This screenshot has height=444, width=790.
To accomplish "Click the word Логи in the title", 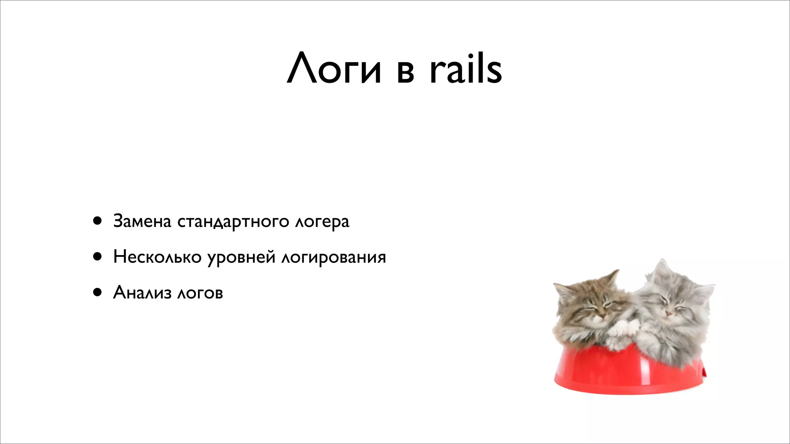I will pyautogui.click(x=334, y=69).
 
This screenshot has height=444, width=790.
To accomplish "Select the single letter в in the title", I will pyautogui.click(x=405, y=73).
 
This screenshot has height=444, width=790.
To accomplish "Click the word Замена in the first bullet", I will pyautogui.click(x=142, y=221).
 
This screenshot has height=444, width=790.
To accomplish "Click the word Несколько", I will pyautogui.click(x=157, y=257).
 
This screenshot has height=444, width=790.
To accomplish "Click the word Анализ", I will pyautogui.click(x=142, y=292).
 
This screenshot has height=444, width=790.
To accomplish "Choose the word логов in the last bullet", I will pyautogui.click(x=200, y=293).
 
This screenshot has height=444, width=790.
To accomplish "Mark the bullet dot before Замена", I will pyautogui.click(x=97, y=221).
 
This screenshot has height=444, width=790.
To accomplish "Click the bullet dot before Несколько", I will pyautogui.click(x=97, y=257).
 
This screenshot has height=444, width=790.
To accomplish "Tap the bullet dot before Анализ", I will pyautogui.click(x=97, y=293).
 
